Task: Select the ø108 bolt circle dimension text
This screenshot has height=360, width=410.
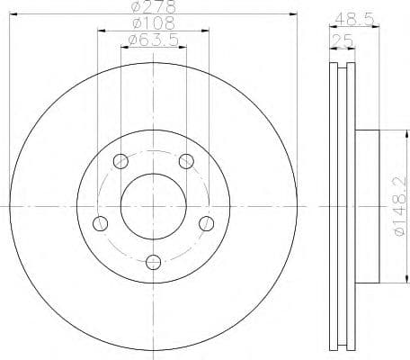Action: click(152, 23)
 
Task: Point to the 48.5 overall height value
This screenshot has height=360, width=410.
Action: click(352, 16)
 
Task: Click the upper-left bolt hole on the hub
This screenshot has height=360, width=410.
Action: click(120, 162)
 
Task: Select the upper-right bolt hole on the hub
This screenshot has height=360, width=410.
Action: click(186, 162)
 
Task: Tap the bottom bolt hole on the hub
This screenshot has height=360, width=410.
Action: click(154, 262)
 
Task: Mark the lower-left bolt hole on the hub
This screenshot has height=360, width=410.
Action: click(101, 223)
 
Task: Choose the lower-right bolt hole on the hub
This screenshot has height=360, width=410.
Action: click(207, 223)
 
